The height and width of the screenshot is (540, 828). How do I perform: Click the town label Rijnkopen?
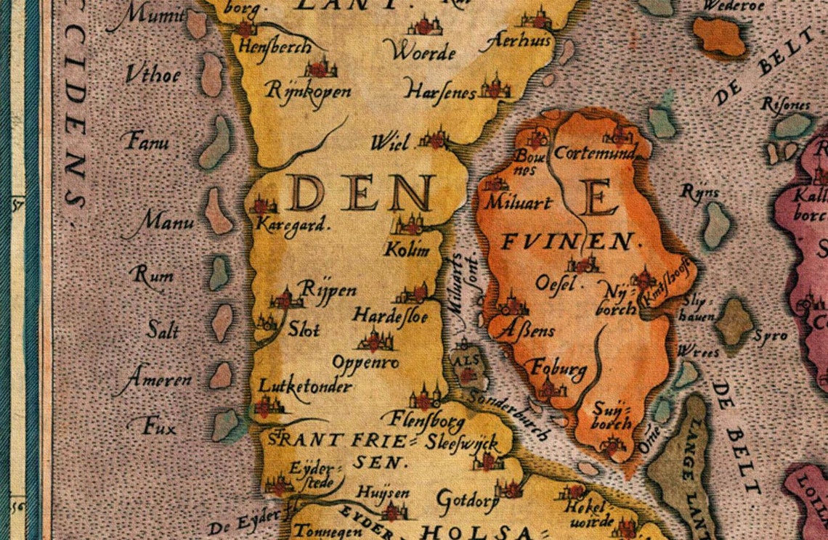[309, 91]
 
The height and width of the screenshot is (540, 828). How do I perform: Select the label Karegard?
[293, 224]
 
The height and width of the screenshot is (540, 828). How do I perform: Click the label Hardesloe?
[390, 316]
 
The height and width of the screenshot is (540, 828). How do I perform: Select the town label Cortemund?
[594, 153]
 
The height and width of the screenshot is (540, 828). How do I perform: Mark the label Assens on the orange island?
[527, 331]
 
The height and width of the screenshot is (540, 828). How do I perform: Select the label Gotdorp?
[467, 499]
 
